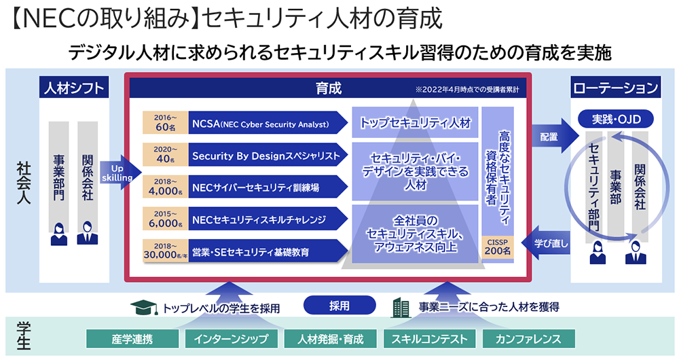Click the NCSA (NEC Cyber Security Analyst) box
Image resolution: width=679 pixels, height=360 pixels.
[x=261, y=124]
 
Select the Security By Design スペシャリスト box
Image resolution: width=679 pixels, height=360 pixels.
[x=265, y=156]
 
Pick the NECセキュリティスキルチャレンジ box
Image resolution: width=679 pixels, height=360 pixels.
[x=261, y=219]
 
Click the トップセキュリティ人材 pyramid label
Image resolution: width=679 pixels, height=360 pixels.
[x=414, y=124]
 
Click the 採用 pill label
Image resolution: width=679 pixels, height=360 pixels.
[x=339, y=306]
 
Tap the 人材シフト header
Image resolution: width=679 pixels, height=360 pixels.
[x=75, y=88]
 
